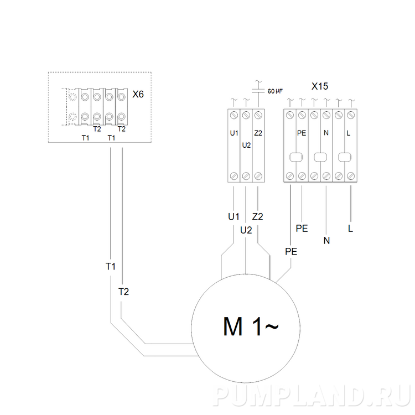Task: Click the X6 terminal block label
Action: (138, 94)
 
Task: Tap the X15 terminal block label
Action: (320, 86)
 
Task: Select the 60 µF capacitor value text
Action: (275, 91)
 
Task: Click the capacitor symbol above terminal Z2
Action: (258, 91)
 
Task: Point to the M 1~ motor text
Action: (251, 326)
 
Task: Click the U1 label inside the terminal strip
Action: (234, 133)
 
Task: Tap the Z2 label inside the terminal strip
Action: (258, 133)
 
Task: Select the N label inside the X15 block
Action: (326, 133)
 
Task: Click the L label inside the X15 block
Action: (348, 133)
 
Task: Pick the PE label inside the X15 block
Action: (302, 133)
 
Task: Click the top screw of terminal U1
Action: (234, 116)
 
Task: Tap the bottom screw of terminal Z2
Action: (258, 176)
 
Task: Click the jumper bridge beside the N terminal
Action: (320, 157)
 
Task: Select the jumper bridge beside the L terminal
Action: (345, 157)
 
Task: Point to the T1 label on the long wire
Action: (111, 267)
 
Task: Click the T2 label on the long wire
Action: (123, 292)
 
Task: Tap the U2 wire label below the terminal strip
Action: (246, 230)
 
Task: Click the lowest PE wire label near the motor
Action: (291, 251)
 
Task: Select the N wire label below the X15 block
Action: (326, 241)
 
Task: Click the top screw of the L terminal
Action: (351, 116)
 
